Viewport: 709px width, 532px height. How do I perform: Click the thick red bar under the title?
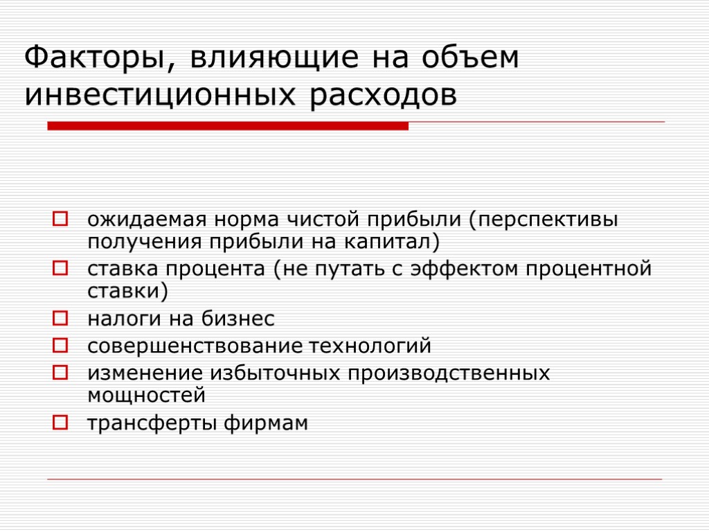pos(228,126)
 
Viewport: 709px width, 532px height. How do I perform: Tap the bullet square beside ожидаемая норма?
pos(60,221)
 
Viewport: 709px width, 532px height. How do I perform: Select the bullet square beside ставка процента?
pos(60,268)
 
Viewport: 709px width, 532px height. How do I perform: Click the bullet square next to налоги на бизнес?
pos(60,319)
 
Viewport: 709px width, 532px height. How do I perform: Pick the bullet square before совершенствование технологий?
pos(60,344)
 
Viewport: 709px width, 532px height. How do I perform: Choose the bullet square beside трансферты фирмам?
pos(60,421)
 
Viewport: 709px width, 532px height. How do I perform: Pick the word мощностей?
pos(146,396)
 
